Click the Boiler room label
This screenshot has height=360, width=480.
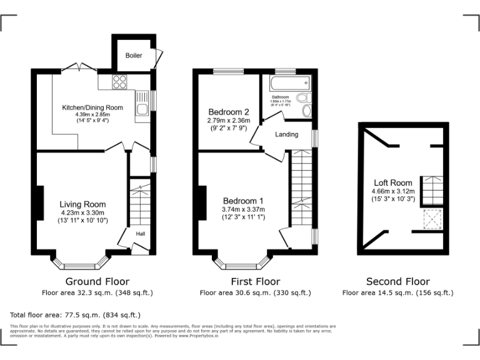tap(133, 56)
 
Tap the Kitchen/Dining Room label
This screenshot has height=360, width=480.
tap(92, 107)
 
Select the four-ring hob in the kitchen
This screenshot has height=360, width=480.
tap(119, 82)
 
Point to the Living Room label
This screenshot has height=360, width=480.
tap(82, 204)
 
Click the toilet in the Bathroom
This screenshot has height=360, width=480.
tap(303, 98)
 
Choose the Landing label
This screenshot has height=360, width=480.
tap(287, 134)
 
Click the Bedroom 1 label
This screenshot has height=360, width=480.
tap(243, 201)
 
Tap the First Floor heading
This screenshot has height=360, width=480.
tap(255, 281)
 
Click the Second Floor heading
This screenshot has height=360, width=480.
tap(397, 281)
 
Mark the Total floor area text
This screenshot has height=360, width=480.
tap(76, 315)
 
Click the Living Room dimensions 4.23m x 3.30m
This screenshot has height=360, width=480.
tap(82, 212)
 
